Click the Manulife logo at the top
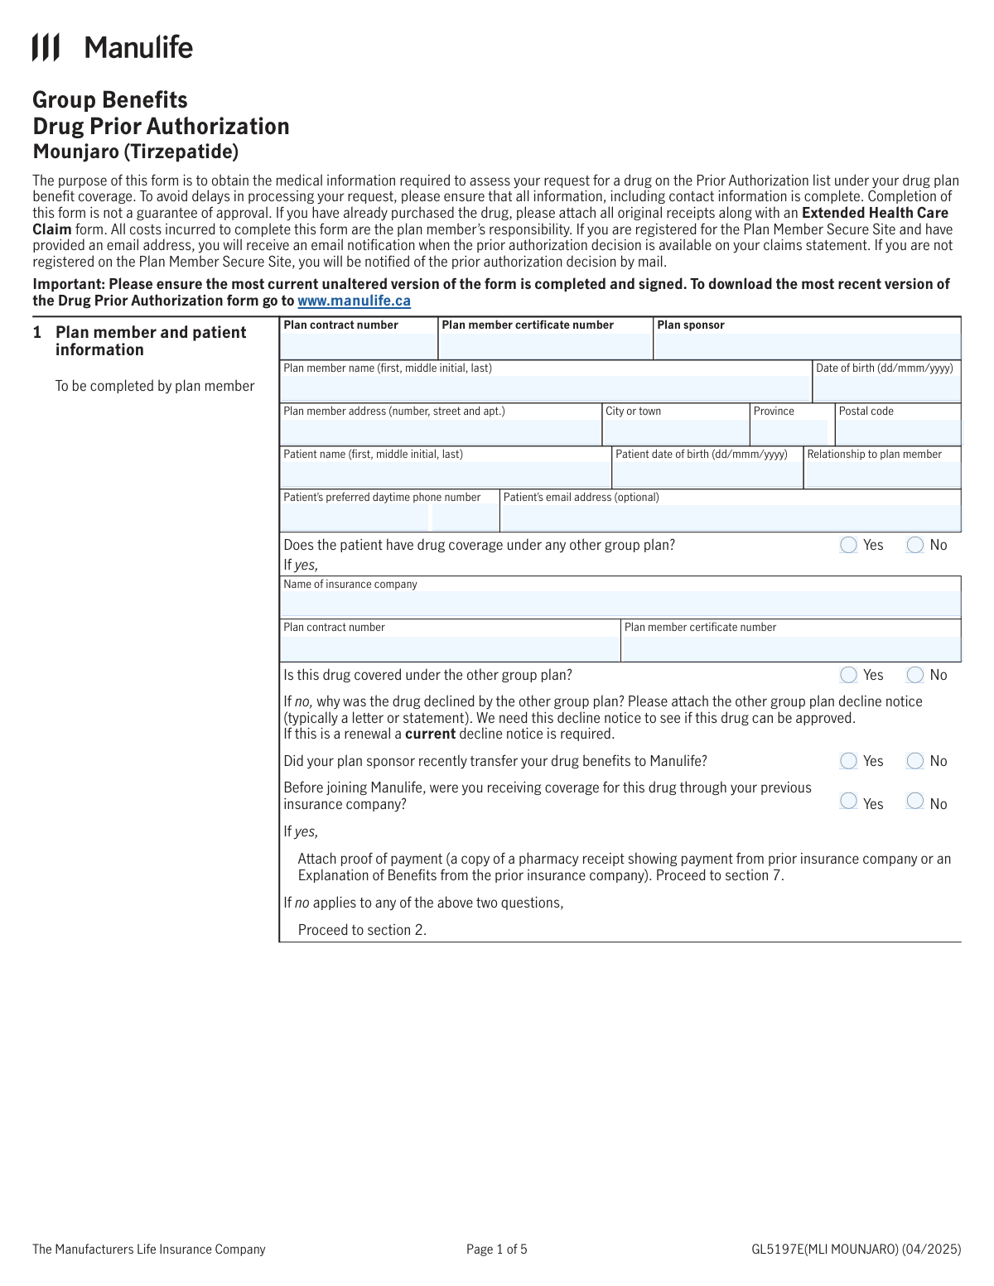click(112, 47)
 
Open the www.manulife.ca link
click(354, 301)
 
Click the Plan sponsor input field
click(807, 346)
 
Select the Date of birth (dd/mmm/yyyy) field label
click(884, 368)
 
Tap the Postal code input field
click(898, 432)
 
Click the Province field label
click(774, 412)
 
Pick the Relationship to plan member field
click(882, 474)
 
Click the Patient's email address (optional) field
click(730, 518)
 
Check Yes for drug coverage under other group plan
click(848, 545)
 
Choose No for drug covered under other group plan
click(914, 675)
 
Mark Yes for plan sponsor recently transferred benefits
click(848, 761)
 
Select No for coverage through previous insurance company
click(914, 801)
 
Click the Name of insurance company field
click(621, 604)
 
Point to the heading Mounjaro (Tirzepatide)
click(136, 152)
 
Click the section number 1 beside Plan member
click(37, 333)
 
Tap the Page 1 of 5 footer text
click(496, 1250)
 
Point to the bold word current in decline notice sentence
click(430, 735)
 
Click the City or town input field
click(676, 432)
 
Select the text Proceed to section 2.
click(362, 931)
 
